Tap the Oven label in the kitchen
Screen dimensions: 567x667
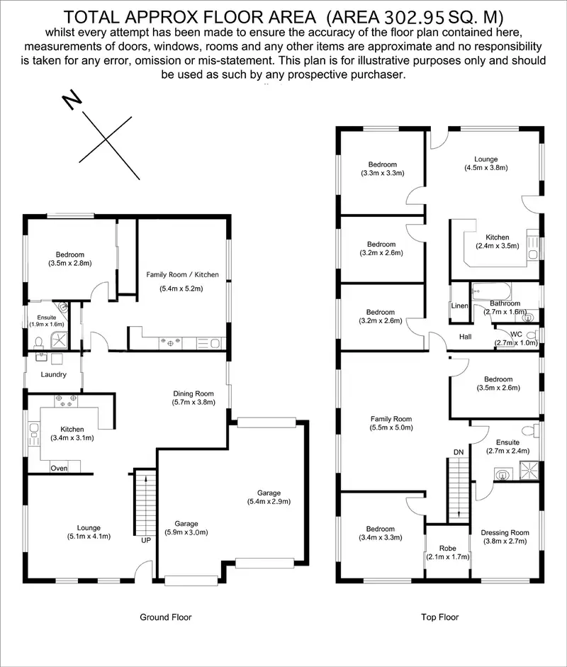click(60, 468)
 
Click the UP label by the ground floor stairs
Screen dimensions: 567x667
click(147, 540)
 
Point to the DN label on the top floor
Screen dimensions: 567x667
click(459, 452)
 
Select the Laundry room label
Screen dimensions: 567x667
click(54, 374)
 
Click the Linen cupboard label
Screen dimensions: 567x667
click(459, 306)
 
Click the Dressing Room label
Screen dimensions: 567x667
click(505, 533)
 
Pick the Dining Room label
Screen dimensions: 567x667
click(193, 393)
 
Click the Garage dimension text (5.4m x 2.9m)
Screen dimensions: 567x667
click(269, 502)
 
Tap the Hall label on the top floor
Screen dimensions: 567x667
click(465, 336)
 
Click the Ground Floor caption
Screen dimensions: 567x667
click(166, 617)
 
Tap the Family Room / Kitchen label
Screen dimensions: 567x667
click(183, 274)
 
